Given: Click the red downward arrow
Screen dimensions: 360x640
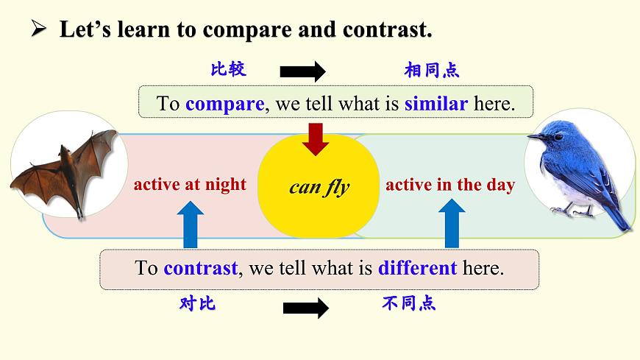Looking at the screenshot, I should [316, 138].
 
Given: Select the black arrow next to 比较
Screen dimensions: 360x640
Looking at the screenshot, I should [302, 71].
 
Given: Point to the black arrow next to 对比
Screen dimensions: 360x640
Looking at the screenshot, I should [305, 308].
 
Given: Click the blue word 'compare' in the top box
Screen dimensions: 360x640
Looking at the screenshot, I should [224, 104].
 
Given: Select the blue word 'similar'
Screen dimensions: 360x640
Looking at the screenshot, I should [435, 104].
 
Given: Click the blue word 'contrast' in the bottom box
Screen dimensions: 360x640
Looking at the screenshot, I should [200, 268].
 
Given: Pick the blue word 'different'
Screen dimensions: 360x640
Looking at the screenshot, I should [417, 268].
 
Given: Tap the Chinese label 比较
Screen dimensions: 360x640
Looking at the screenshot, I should [228, 70].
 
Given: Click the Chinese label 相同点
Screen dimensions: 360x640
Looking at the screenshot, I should [431, 71].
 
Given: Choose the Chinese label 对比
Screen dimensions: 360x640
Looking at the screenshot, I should [197, 303].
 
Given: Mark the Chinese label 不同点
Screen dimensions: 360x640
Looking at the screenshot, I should [409, 303].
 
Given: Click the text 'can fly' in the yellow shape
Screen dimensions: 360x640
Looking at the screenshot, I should [319, 187].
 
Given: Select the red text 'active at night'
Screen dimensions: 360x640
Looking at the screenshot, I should [190, 185].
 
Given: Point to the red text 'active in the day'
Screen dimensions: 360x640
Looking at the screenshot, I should [450, 185].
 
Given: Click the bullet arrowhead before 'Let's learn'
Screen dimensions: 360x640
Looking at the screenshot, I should [38, 29].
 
